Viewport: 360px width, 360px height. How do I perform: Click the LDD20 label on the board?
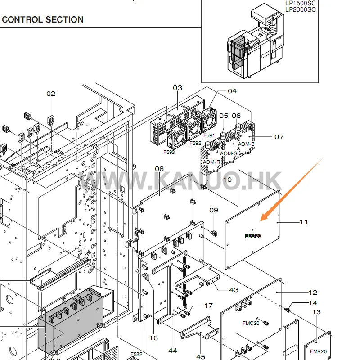pos(253,235)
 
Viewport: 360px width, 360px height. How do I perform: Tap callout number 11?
pos(304,221)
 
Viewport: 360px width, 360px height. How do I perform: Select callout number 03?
pos(177,88)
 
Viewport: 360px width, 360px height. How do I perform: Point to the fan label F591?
pos(209,135)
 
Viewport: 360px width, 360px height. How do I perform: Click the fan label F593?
pos(169,152)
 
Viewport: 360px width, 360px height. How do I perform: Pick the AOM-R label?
pos(211,162)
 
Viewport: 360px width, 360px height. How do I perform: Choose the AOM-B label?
pos(246,144)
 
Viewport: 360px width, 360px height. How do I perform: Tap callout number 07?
pos(279,136)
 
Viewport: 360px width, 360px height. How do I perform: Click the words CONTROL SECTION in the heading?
pos(43,20)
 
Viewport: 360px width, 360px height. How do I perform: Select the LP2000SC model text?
pos(301,9)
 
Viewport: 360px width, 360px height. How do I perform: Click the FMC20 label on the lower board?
pos(251,323)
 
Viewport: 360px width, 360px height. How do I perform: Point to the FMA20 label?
pos(318,352)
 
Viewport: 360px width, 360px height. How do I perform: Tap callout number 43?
pos(234,289)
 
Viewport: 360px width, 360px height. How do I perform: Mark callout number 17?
pos(208,306)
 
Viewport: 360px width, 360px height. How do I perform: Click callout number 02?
pos(51,94)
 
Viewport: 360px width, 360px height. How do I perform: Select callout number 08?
pos(159,169)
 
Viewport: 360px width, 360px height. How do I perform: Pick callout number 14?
pos(313,303)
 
